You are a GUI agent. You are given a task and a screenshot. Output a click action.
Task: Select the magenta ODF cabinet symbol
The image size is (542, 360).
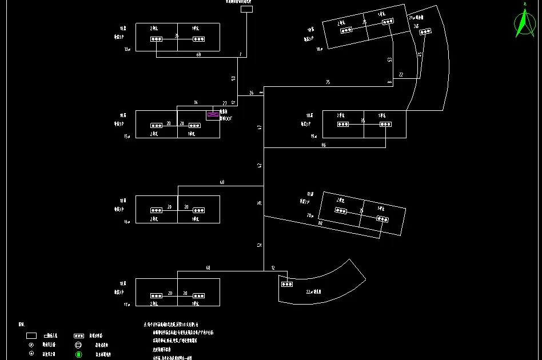point(213,115)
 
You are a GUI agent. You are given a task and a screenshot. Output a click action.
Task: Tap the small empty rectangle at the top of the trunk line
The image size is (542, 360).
point(246,9)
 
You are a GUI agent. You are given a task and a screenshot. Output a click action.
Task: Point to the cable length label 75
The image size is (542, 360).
point(328,83)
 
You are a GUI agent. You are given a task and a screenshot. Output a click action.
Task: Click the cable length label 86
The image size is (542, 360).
point(324,145)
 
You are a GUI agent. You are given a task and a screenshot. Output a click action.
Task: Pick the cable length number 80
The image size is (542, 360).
point(320,223)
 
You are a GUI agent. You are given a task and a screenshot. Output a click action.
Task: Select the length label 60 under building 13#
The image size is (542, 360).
point(198,55)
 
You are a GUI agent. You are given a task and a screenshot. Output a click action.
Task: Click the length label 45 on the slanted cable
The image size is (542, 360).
point(420,55)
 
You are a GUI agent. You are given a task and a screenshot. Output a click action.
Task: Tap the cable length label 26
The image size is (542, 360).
point(251,93)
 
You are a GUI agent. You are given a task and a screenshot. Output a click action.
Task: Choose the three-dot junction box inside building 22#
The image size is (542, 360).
point(286,283)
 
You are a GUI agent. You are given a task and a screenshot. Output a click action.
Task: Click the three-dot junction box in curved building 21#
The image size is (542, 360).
point(425,32)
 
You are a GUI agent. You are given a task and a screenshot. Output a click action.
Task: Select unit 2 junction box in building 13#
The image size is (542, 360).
point(156,39)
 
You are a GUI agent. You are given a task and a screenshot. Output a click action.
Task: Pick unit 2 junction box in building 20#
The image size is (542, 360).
point(341,211)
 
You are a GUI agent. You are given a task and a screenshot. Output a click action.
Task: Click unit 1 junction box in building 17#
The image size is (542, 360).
point(198,295)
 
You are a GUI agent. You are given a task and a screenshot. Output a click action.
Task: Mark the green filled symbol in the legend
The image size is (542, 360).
point(79,354)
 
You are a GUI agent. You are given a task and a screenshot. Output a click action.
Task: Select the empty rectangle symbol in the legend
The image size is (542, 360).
point(31,336)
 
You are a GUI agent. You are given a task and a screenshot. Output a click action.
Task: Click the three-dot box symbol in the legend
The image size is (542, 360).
point(79,336)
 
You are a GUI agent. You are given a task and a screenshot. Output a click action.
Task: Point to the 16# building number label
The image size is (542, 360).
point(127,221)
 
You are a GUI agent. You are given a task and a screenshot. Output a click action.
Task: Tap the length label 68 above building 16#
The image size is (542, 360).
point(222,182)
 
